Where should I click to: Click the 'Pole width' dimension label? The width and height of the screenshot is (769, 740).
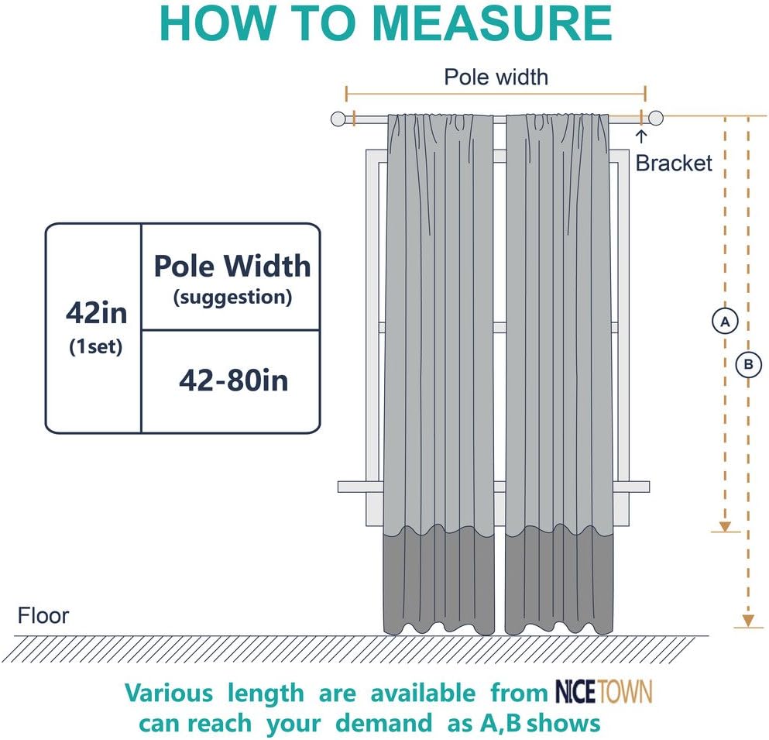pos(496,77)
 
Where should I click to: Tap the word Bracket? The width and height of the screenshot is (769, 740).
pos(673,163)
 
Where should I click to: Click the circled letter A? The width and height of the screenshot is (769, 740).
pos(725,320)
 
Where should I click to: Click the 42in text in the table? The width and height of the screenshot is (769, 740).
pos(96,314)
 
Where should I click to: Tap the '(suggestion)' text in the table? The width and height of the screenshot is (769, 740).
pos(232,297)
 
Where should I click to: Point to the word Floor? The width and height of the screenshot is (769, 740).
pos(43,616)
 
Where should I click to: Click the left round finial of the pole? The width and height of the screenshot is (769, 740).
pos(338,119)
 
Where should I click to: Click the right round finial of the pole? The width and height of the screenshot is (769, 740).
pos(656,119)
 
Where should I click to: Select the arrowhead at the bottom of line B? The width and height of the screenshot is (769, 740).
pos(748,620)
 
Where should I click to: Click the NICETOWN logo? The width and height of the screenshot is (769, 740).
pos(604,691)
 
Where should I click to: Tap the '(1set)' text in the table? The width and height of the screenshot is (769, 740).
pos(96,346)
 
